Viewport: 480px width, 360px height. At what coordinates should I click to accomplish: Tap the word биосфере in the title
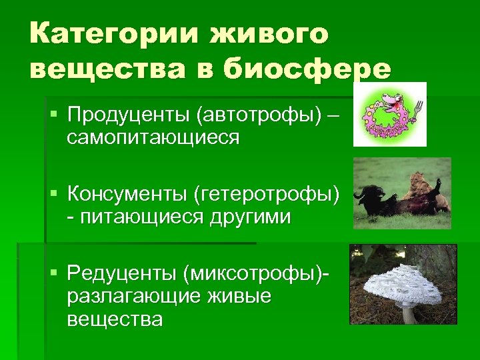304,69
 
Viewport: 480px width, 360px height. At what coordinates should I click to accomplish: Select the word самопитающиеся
153,137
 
